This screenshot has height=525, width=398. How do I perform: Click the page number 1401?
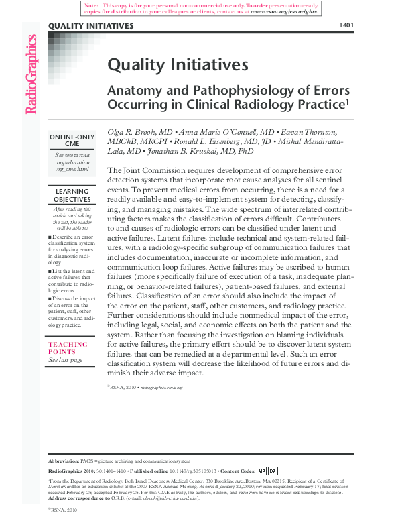click(346, 25)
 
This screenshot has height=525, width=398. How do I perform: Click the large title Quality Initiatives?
click(178, 64)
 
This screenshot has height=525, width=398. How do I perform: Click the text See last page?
click(66, 360)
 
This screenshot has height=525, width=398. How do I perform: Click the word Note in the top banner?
click(90, 5)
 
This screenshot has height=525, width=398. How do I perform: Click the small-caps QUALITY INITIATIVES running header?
click(90, 25)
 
